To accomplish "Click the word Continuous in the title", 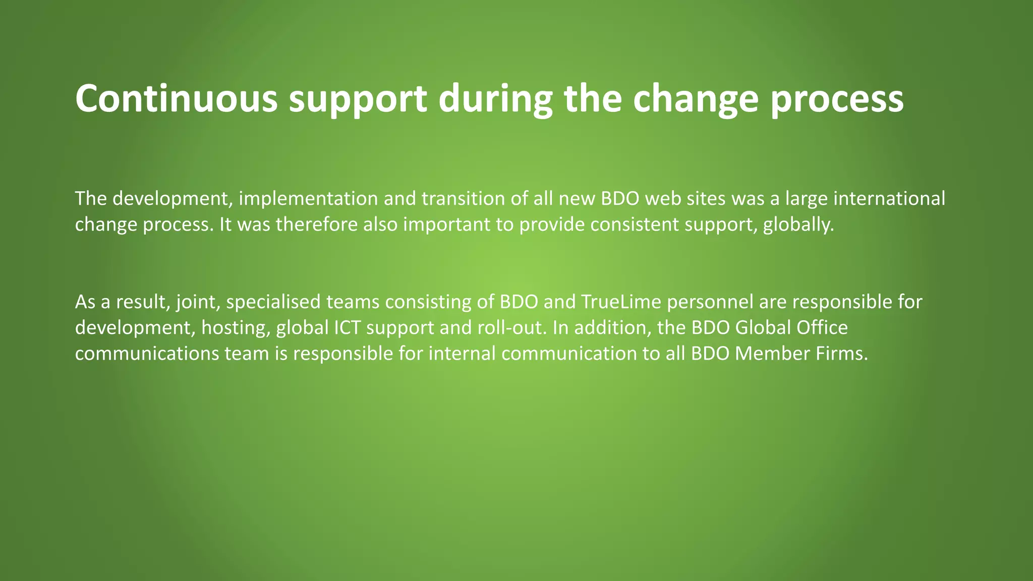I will (176, 98).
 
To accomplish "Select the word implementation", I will (308, 199).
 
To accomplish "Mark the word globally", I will (798, 224).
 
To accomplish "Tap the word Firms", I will (842, 354).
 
